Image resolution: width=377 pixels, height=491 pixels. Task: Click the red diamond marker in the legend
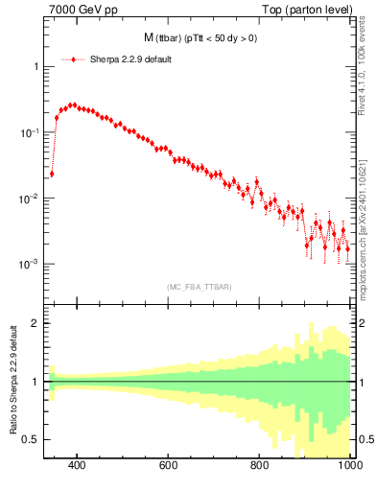74,58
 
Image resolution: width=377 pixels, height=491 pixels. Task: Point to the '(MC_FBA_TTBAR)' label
198,287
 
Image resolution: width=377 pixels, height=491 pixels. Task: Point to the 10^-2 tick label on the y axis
29,199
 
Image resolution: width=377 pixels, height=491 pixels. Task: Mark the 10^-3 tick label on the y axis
29,264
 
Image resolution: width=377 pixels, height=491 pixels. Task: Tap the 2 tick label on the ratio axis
34,323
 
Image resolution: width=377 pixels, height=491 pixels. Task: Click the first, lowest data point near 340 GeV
51,174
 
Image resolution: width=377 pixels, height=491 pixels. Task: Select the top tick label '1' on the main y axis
35,67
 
